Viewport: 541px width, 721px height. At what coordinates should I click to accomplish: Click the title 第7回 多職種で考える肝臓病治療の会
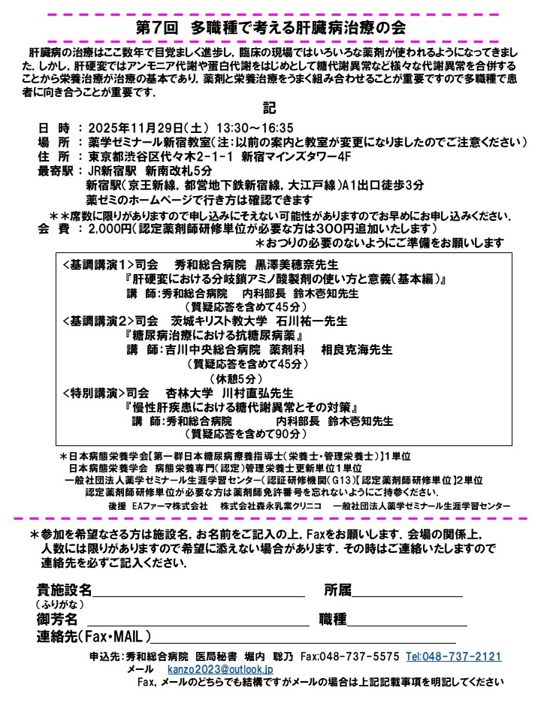pos(271,29)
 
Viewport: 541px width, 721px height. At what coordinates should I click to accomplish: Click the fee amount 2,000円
pos(110,228)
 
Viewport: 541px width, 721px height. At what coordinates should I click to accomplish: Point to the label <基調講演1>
pos(98,265)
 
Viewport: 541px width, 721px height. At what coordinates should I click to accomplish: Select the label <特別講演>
pos(93,392)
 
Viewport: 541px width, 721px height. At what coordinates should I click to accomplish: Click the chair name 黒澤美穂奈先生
pos(297,265)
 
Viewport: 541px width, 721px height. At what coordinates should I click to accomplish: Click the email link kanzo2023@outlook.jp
pos(220,668)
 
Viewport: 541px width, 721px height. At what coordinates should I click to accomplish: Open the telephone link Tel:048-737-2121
pos(453,656)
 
